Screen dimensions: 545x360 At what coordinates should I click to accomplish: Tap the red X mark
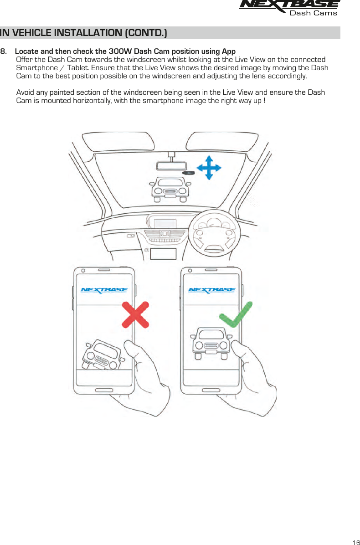click(x=135, y=314)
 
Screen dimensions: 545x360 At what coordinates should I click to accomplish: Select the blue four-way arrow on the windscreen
click(x=208, y=167)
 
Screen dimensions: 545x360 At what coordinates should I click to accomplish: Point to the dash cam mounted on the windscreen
click(x=189, y=173)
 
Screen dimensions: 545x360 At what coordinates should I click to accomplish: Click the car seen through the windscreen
click(x=170, y=189)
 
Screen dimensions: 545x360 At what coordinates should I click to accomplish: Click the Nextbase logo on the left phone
click(x=104, y=290)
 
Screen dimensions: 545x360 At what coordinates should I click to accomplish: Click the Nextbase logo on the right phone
click(x=211, y=290)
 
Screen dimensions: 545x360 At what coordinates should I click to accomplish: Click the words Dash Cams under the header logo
click(x=314, y=13)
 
